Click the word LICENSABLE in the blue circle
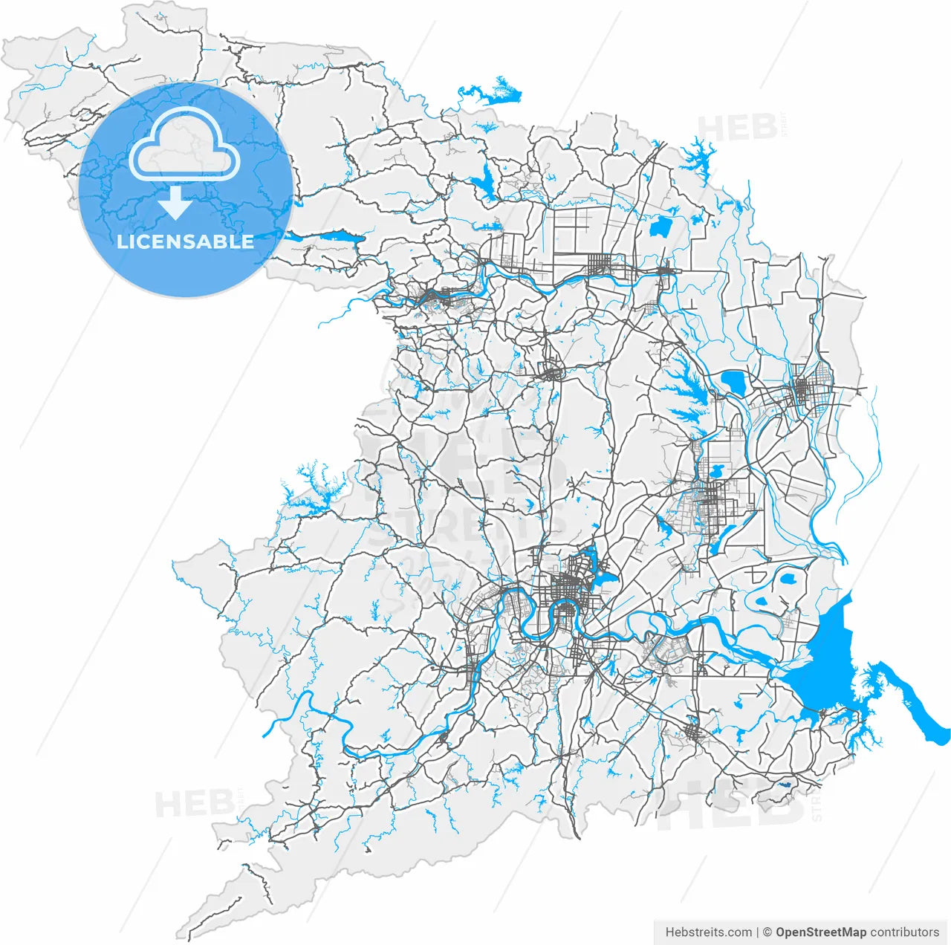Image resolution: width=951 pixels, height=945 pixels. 185,241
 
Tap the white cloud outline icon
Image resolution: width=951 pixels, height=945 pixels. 184,145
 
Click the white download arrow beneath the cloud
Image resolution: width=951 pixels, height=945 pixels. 176,203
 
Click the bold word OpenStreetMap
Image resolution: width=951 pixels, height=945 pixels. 821,932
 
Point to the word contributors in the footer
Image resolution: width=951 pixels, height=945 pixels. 905,932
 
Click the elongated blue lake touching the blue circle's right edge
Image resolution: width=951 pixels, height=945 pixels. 327,238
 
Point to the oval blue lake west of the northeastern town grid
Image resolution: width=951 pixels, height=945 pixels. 735,382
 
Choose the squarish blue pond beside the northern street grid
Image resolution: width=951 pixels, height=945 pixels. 660,226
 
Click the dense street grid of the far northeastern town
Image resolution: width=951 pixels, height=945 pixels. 804,389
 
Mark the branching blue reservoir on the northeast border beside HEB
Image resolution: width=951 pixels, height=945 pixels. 699,155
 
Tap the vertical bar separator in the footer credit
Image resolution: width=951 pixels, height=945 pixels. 758,932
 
